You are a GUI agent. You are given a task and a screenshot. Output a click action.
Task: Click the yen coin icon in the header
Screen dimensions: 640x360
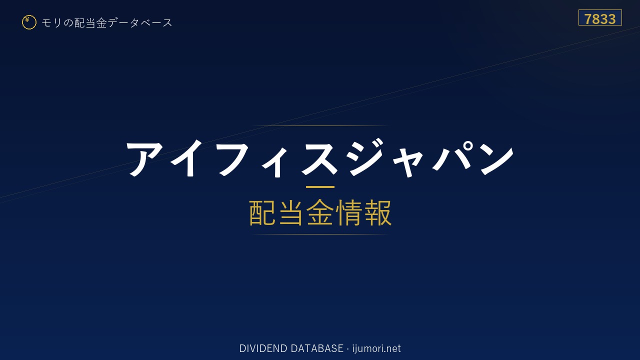(x=29, y=22)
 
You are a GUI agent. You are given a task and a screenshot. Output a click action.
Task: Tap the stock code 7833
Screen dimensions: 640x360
(x=600, y=19)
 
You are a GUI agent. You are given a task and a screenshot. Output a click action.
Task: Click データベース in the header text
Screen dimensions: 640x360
(x=140, y=22)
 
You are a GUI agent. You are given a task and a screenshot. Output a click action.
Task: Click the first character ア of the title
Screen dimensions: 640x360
(x=145, y=159)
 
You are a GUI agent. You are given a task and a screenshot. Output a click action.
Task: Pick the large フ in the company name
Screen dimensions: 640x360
(x=234, y=159)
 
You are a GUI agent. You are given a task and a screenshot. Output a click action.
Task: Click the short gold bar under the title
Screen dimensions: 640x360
(x=320, y=187)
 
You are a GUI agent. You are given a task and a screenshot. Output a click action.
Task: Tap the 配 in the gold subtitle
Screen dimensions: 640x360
(x=262, y=212)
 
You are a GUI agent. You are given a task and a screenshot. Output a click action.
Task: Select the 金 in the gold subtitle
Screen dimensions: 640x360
(x=320, y=212)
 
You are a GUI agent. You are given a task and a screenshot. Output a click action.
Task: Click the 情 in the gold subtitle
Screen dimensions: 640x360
(x=348, y=212)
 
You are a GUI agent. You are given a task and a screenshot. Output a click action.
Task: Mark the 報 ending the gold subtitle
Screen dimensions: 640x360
(x=377, y=212)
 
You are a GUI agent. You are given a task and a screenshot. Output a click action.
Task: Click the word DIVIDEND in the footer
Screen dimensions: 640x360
(x=263, y=348)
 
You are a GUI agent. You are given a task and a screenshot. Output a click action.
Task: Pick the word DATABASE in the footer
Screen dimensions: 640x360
(x=317, y=348)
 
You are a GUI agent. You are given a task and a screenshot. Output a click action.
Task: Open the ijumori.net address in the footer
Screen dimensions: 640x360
(x=376, y=348)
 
